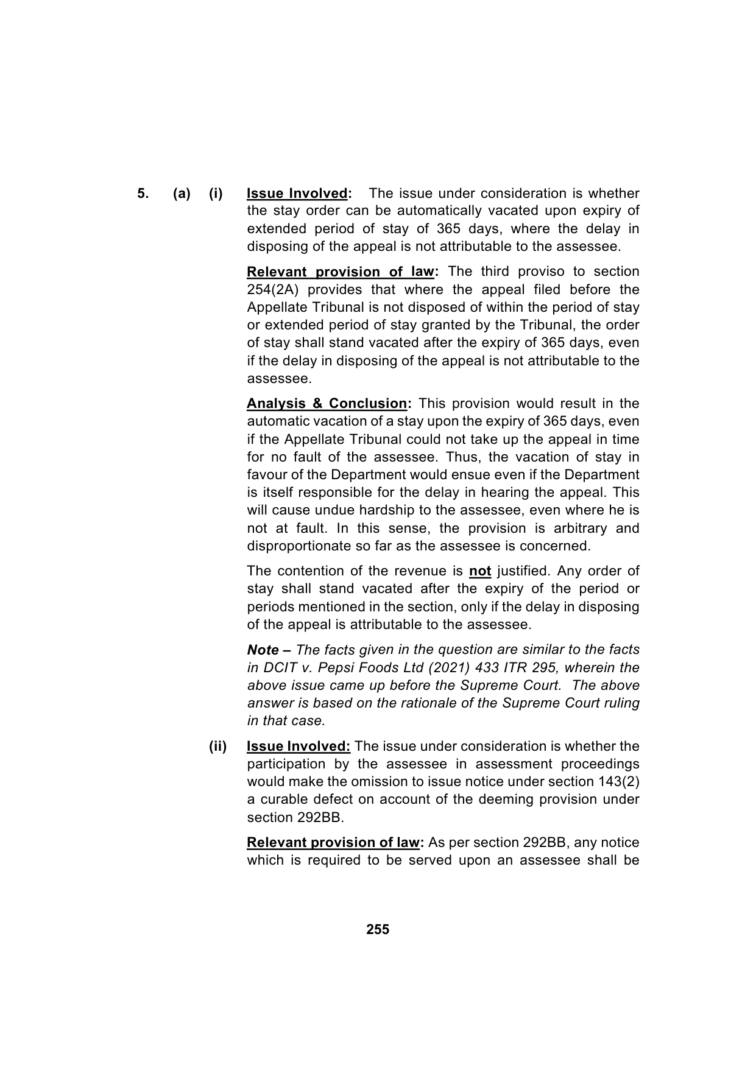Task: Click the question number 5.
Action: [x=142, y=194]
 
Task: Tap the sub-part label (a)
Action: [x=182, y=194]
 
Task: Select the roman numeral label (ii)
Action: [x=217, y=747]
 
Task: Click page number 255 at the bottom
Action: [x=378, y=930]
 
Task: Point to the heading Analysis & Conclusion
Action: [x=327, y=404]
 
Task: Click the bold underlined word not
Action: [x=480, y=571]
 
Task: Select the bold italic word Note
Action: [x=263, y=650]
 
